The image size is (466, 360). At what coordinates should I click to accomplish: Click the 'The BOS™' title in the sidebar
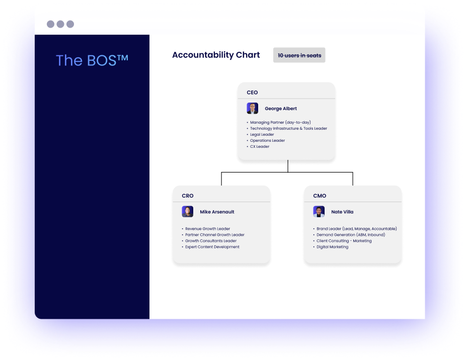[x=92, y=60]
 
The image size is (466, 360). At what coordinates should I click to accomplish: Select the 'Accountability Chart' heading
[x=216, y=55]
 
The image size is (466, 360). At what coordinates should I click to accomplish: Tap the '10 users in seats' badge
[x=299, y=55]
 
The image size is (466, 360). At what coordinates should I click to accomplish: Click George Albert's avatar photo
[x=252, y=109]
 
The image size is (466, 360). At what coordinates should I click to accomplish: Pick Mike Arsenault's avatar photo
[x=187, y=212]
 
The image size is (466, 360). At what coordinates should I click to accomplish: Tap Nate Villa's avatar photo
[x=319, y=212]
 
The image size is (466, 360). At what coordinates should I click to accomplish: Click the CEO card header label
[x=252, y=93]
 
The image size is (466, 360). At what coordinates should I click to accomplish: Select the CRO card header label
[x=187, y=196]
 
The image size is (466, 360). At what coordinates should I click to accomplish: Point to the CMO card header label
[x=320, y=196]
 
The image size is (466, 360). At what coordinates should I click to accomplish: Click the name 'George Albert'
[x=281, y=109]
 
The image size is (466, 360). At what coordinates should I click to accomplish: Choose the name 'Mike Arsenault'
[x=217, y=212]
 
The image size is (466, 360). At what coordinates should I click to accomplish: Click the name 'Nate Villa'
[x=342, y=212]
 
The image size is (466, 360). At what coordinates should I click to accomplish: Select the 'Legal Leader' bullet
[x=262, y=135]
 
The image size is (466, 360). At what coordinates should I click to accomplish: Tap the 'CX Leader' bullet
[x=260, y=147]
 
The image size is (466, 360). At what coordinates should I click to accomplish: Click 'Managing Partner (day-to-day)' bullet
[x=280, y=123]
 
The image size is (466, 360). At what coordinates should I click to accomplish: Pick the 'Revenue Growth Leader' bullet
[x=207, y=229]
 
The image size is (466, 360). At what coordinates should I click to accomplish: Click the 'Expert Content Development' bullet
[x=212, y=247]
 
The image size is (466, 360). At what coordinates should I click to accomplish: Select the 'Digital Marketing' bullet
[x=332, y=247]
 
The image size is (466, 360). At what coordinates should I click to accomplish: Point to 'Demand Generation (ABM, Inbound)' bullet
[x=350, y=235]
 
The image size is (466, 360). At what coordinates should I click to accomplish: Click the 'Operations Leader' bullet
[x=267, y=141]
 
